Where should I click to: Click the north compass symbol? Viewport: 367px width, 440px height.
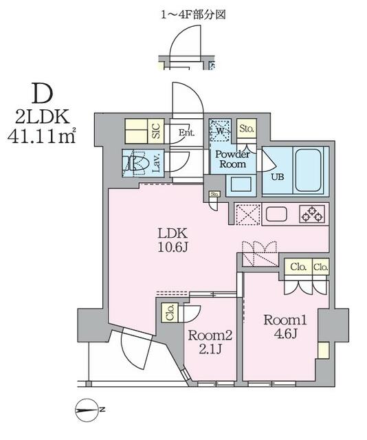(x=88, y=410)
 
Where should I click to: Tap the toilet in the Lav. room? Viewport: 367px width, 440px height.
(x=135, y=163)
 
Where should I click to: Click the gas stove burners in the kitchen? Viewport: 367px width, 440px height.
(x=312, y=214)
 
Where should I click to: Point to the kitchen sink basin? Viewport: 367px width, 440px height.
(x=277, y=214)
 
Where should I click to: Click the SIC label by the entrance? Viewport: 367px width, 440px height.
(x=156, y=131)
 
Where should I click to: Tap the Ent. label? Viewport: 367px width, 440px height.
(x=187, y=132)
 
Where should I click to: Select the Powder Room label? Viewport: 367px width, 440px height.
(x=232, y=159)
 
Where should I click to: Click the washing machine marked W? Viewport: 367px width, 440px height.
(x=220, y=131)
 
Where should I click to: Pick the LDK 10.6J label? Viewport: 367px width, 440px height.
(x=173, y=240)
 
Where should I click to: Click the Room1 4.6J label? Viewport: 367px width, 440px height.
(x=285, y=327)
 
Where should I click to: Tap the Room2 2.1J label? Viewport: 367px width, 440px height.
(x=210, y=342)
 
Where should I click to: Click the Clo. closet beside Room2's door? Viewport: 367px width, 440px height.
(x=170, y=312)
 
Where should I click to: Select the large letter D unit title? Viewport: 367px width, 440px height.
(x=43, y=93)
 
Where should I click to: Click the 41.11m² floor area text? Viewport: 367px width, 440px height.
(x=42, y=136)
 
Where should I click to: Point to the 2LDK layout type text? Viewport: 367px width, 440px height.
(x=42, y=116)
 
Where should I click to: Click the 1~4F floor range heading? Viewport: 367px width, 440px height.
(x=193, y=14)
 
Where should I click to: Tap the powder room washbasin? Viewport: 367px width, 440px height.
(x=241, y=184)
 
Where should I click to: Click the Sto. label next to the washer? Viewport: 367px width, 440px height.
(x=247, y=129)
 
